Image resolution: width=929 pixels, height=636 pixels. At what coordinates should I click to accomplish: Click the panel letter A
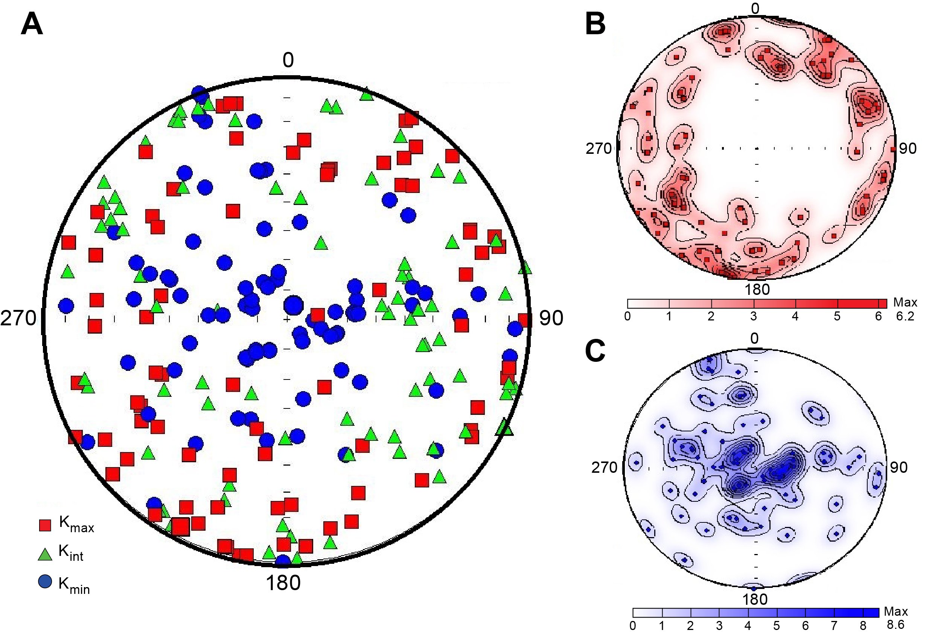(32, 24)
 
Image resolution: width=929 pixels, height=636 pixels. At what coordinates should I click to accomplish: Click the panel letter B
(595, 24)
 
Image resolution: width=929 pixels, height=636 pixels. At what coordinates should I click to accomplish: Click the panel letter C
(595, 351)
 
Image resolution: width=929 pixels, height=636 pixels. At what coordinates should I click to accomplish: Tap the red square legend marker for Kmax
(45, 525)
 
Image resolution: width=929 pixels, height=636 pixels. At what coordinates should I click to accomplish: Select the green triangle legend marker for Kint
(45, 554)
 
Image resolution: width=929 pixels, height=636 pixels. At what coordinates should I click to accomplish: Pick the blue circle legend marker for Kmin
(45, 581)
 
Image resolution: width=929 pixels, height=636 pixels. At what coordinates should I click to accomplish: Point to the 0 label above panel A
(288, 60)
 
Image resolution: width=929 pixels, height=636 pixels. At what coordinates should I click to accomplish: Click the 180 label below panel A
(283, 583)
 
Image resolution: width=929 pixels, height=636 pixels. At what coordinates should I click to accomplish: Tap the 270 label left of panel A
(18, 319)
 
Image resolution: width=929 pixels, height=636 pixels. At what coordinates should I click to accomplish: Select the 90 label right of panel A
(551, 319)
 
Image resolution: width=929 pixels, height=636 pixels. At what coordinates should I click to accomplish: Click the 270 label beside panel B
(599, 149)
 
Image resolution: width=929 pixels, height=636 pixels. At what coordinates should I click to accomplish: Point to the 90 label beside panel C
(899, 468)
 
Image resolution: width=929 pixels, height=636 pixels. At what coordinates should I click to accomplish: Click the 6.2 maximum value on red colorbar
(905, 316)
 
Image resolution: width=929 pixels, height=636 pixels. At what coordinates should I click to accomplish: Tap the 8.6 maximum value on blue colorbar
(895, 625)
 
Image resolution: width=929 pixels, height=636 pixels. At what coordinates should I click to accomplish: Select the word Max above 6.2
(905, 302)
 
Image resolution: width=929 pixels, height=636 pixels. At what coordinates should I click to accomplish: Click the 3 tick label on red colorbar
(753, 316)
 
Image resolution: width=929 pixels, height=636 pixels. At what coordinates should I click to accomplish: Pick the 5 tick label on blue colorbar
(776, 625)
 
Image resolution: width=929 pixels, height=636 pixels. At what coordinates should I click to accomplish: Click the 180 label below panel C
(755, 599)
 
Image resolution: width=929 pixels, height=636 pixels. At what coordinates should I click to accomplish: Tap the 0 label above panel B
(755, 8)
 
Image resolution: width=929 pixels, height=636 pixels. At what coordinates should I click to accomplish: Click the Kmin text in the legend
(74, 585)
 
